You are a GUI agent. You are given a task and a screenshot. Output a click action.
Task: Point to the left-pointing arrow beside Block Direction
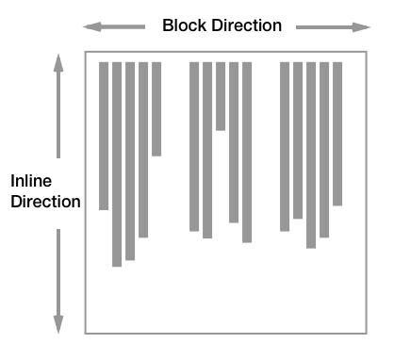point(114,26)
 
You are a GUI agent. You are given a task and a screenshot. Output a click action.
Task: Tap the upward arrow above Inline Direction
point(58,104)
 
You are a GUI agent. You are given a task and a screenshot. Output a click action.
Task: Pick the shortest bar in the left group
point(156,108)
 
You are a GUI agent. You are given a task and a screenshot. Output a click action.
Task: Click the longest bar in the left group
point(117,164)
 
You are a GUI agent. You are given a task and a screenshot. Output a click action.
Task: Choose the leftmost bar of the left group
point(104,136)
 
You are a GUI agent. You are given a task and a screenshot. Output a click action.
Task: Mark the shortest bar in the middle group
point(221,95)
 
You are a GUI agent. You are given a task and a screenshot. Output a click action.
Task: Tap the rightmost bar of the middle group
point(247,152)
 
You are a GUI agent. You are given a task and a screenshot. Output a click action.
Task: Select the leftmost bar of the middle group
point(194,146)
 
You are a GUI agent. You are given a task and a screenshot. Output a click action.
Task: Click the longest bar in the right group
point(311,155)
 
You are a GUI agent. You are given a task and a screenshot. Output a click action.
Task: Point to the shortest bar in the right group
point(337,133)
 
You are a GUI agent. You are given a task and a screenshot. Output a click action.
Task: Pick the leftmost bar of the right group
point(285,146)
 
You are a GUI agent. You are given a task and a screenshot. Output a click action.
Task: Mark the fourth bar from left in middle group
point(234,141)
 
